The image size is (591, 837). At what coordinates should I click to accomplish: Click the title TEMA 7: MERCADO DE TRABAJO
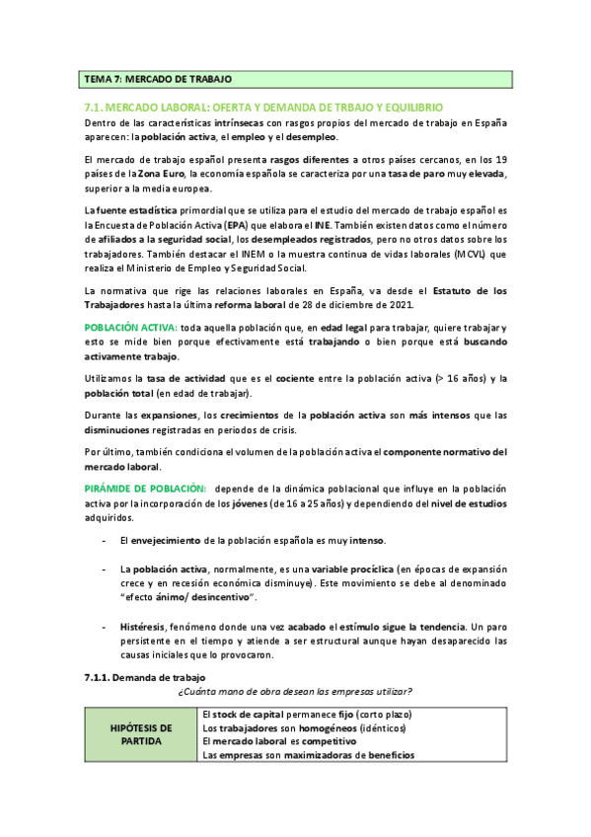pyautogui.click(x=158, y=79)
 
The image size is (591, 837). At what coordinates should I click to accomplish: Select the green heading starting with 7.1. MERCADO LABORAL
pyautogui.click(x=264, y=107)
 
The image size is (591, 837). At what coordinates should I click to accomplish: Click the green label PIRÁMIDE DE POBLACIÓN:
pyautogui.click(x=145, y=488)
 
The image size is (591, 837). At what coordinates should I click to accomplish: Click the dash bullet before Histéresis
pyautogui.click(x=106, y=627)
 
